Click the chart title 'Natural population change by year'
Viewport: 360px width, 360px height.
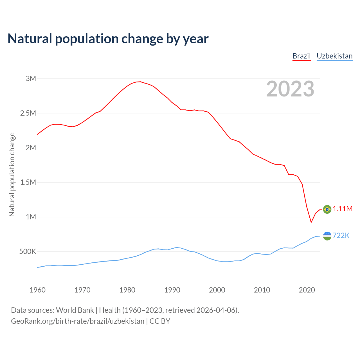108,39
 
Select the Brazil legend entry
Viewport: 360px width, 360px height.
301,56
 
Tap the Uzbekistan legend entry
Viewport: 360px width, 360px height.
334,56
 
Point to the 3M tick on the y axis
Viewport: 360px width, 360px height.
31,78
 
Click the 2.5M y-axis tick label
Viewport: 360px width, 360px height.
28,113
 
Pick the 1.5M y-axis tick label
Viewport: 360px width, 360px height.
28,182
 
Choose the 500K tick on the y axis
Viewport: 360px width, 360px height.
28,251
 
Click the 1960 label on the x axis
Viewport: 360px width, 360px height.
37,290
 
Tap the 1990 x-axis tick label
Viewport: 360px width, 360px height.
172,290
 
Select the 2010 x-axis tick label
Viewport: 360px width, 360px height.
262,290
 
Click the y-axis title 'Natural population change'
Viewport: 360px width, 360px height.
12,174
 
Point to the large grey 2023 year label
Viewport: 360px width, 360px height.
290,89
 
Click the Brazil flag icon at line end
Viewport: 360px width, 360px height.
327,209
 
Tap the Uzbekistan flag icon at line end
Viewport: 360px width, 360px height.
327,236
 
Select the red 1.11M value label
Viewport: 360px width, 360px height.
343,209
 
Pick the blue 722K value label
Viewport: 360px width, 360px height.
341,236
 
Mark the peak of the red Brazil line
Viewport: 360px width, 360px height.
140,82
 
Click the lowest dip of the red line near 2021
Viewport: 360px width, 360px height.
311,222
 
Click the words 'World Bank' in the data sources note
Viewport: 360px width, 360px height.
75,310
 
